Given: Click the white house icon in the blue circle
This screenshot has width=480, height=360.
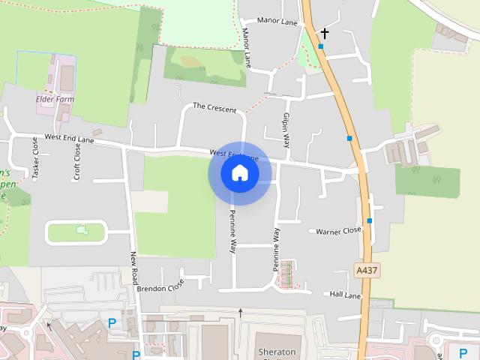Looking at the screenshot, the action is pyautogui.click(x=240, y=173).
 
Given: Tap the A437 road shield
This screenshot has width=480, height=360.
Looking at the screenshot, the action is pyautogui.click(x=365, y=269).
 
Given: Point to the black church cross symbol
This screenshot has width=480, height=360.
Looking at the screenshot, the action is pyautogui.click(x=325, y=33).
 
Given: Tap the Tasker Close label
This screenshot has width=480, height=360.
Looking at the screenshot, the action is pyautogui.click(x=34, y=157).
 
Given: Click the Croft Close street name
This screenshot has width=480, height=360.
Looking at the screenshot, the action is pyautogui.click(x=76, y=161).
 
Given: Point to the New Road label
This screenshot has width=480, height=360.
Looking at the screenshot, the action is pyautogui.click(x=134, y=267).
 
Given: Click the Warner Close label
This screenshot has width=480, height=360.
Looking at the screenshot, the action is pyautogui.click(x=338, y=232).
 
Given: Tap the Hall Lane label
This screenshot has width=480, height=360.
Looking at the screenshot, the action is pyautogui.click(x=345, y=295).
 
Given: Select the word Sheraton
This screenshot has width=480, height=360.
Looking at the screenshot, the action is pyautogui.click(x=277, y=351).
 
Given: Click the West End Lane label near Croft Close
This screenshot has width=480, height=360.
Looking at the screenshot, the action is pyautogui.click(x=69, y=138).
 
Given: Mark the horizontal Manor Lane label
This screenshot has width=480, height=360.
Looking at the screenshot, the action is pyautogui.click(x=277, y=22).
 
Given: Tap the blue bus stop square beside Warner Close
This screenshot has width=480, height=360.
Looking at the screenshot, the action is pyautogui.click(x=370, y=220).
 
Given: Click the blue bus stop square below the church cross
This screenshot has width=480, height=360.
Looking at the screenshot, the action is pyautogui.click(x=320, y=46).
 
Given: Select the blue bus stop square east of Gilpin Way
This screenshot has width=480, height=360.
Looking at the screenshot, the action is pyautogui.click(x=349, y=138).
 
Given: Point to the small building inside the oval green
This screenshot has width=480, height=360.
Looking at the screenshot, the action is pyautogui.click(x=81, y=231).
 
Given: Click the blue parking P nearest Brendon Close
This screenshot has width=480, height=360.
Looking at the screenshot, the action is pyautogui.click(x=112, y=323).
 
